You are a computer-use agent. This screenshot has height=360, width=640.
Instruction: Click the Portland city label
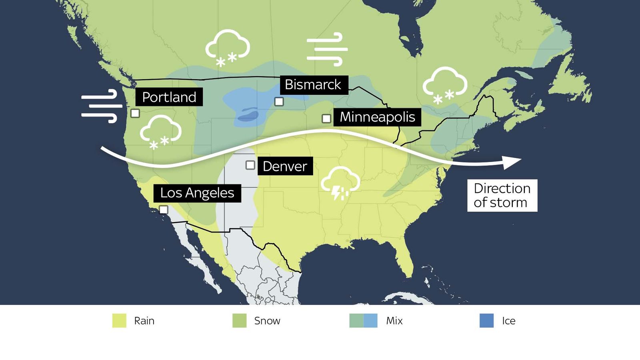[x=169, y=97]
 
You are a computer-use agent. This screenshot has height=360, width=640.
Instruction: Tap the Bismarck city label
[x=313, y=85]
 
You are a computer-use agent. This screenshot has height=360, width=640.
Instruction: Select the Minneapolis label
[x=377, y=117]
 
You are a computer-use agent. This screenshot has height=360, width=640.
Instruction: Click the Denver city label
[x=285, y=166]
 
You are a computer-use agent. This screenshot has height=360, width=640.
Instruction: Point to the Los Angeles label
[x=197, y=193]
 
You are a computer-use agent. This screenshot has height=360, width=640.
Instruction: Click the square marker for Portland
[x=135, y=113]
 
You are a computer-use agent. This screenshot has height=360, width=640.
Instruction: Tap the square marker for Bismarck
[x=279, y=102]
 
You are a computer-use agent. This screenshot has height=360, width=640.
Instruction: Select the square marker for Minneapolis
[x=326, y=118]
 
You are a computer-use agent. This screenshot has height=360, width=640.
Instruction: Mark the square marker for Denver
[x=250, y=165]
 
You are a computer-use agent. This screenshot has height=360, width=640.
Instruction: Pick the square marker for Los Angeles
[x=164, y=210]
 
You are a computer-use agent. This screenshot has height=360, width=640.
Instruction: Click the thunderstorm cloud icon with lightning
[x=340, y=183]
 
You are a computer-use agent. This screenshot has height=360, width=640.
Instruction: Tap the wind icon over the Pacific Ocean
[x=102, y=106]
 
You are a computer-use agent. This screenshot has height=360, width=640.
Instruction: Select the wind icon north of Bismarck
[x=327, y=49]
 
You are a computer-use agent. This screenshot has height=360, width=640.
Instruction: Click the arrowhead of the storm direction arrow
[x=512, y=161]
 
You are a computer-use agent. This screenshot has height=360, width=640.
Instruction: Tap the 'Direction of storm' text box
[x=502, y=195]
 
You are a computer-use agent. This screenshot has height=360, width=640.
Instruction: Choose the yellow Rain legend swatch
[x=119, y=321]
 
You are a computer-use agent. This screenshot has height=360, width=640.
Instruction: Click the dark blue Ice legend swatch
[x=486, y=321]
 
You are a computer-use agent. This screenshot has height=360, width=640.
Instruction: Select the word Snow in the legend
[x=267, y=321]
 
